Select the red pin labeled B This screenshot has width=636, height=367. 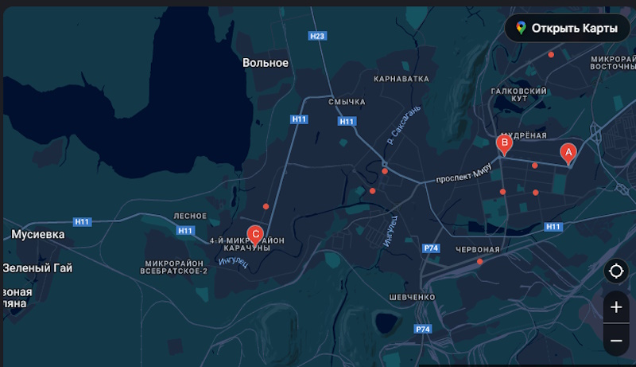[503, 143]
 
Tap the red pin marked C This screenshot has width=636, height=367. [255, 234]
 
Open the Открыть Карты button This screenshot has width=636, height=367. [566, 29]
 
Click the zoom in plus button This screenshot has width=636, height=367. [616, 307]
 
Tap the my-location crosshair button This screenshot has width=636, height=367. [616, 271]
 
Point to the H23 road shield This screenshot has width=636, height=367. [317, 36]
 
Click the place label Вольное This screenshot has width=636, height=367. [266, 63]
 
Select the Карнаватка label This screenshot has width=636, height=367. [401, 79]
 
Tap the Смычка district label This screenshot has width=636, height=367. [347, 102]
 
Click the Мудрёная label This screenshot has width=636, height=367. [521, 135]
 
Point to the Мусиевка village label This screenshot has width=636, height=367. [37, 235]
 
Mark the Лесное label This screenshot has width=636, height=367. [190, 216]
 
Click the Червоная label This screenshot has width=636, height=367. [477, 250]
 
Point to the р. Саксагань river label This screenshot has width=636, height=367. [400, 128]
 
